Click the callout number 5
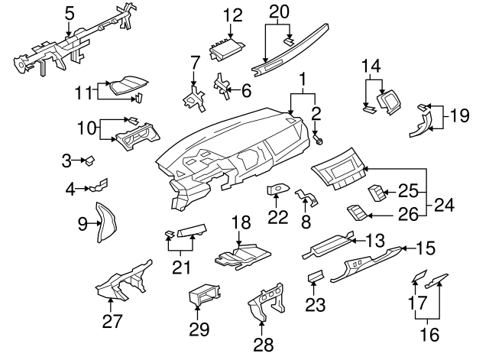(70, 12)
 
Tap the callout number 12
(232, 14)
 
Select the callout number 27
(112, 321)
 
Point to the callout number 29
(199, 330)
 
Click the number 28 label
(264, 345)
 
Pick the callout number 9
(83, 224)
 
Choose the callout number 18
(241, 222)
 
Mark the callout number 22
(278, 217)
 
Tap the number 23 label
(316, 305)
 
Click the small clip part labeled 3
(89, 160)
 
